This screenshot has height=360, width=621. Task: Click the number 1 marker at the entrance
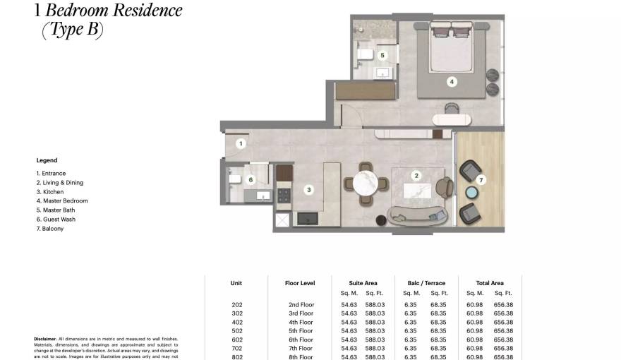pos(241,144)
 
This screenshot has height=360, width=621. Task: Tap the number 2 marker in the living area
pos(416,176)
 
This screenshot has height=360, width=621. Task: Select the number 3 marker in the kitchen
pos(309,189)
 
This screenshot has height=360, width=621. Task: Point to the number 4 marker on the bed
pos(452,82)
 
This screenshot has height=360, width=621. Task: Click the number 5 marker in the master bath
pos(382,54)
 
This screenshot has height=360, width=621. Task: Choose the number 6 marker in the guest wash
pos(251,180)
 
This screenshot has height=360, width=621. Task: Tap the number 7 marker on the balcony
pos(481,180)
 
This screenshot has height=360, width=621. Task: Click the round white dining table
pos(366,183)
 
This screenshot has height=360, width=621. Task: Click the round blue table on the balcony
pos(471,193)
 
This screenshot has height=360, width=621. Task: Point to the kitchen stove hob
pos(284,193)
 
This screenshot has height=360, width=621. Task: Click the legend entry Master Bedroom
pos(62,200)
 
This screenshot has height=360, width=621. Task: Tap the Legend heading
pos(47,160)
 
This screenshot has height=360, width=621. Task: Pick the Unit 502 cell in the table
pos(236,331)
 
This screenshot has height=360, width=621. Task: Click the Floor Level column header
pos(300,283)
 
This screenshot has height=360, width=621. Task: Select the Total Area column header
pos(489,283)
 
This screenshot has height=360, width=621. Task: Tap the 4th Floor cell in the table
pos(301,322)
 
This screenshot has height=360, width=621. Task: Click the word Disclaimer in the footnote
pos(44,339)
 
